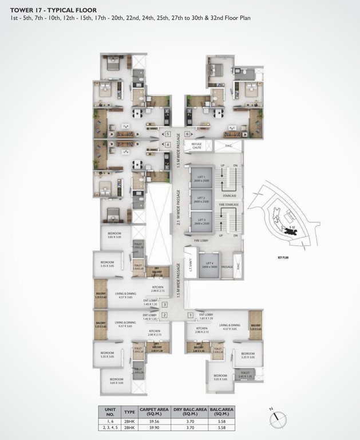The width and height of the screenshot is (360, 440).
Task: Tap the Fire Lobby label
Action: click(x=201, y=241)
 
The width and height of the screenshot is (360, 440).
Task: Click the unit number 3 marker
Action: click(x=164, y=304)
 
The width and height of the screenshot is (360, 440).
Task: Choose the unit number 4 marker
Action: click(x=167, y=145)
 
